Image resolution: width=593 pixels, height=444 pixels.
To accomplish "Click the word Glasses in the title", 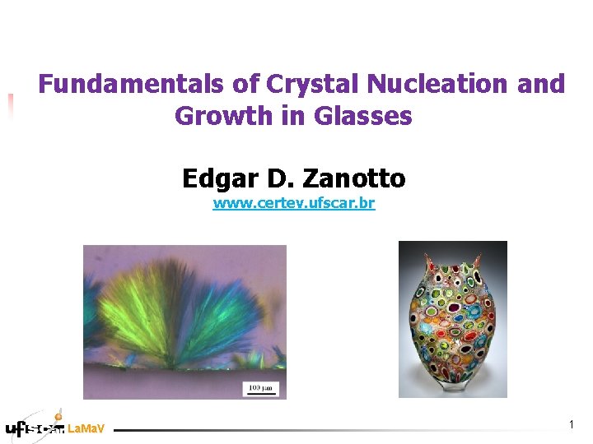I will [x=362, y=117].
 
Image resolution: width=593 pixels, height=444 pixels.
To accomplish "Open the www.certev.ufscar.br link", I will [x=293, y=202].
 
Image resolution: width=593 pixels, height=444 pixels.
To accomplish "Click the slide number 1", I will [x=571, y=424].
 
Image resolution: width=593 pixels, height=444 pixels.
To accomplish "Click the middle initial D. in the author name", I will [x=275, y=178].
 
